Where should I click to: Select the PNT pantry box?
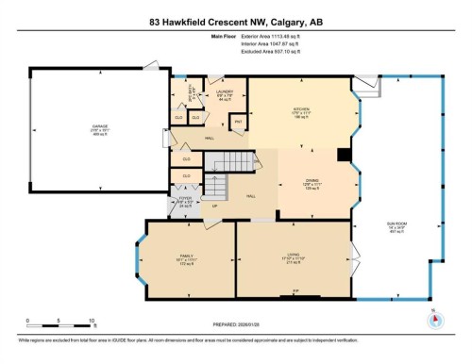[238, 122]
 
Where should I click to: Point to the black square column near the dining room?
[346, 156]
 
